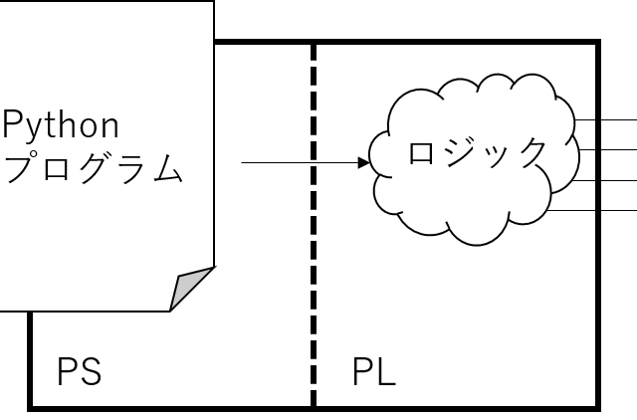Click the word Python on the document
(x=61, y=126)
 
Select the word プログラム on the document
(x=95, y=167)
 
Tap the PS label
(x=79, y=374)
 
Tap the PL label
(x=373, y=374)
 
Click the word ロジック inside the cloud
(x=478, y=153)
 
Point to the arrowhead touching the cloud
(x=364, y=162)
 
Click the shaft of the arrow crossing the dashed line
(x=289, y=162)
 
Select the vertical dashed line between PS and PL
(x=314, y=299)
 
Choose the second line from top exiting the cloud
(x=586, y=149)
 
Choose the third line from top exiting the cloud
(x=586, y=180)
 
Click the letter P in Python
(x=13, y=125)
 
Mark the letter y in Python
(x=33, y=129)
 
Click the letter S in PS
(x=91, y=374)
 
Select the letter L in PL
(x=386, y=374)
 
